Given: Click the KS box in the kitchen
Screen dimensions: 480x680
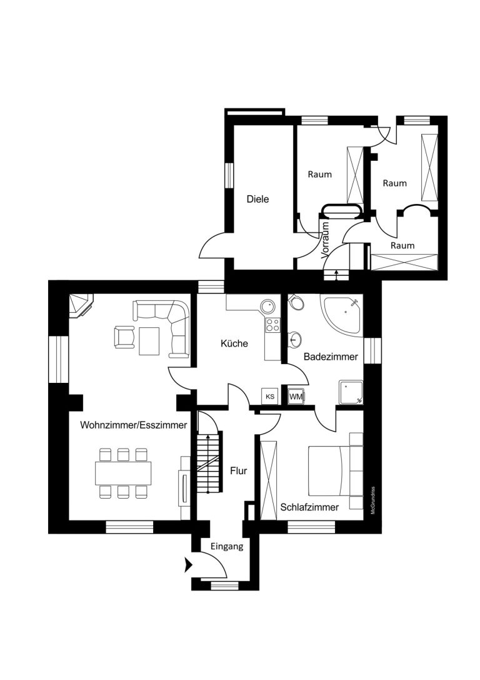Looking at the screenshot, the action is pyautogui.click(x=270, y=397).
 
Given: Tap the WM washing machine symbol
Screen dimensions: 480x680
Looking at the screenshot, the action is pyautogui.click(x=296, y=396).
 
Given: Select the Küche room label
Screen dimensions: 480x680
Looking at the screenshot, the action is pyautogui.click(x=234, y=343).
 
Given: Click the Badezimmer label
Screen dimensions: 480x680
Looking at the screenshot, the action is pyautogui.click(x=331, y=357).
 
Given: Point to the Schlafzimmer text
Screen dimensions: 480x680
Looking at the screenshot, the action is pyautogui.click(x=309, y=507).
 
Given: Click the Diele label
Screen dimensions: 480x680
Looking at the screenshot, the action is pyautogui.click(x=257, y=199).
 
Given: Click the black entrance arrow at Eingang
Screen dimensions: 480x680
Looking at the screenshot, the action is pyautogui.click(x=189, y=565).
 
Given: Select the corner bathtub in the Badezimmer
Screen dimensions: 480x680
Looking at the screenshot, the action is pyautogui.click(x=341, y=315).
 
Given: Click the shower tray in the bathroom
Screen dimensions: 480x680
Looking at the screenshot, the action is pyautogui.click(x=351, y=392).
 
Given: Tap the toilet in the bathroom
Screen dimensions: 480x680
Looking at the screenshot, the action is pyautogui.click(x=296, y=302).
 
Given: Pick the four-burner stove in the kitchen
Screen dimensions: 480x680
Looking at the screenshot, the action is pyautogui.click(x=272, y=325).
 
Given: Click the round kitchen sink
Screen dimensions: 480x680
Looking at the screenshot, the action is pyautogui.click(x=268, y=306).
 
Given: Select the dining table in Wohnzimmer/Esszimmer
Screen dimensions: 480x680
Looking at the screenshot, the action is pyautogui.click(x=124, y=473).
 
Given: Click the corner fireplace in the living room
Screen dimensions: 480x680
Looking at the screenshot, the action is pyautogui.click(x=81, y=305).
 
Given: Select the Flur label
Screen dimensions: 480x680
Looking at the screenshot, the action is pyautogui.click(x=239, y=470).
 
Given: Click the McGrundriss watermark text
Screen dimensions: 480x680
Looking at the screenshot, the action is pyautogui.click(x=372, y=501).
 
